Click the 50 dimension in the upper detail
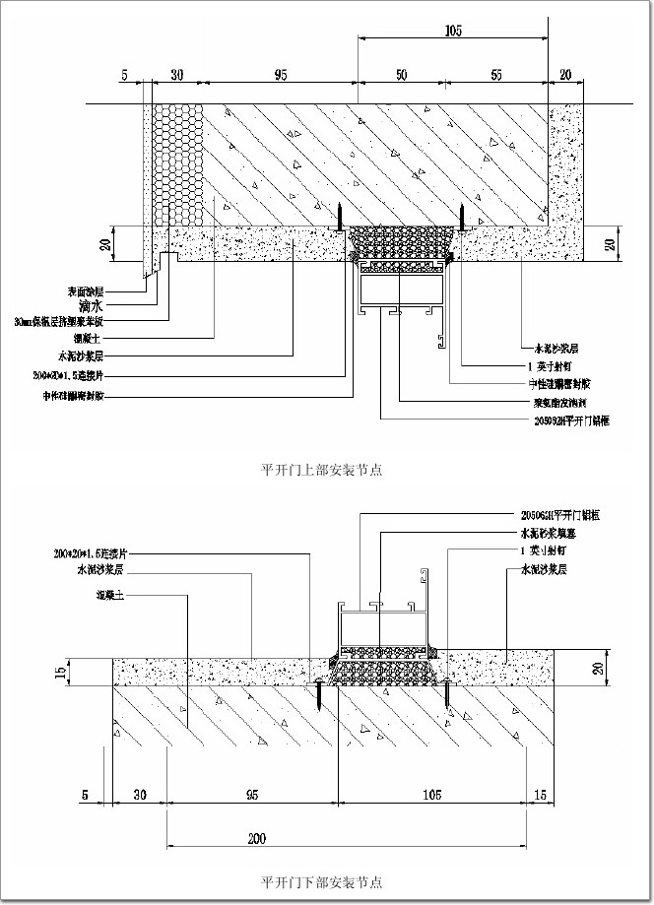click(x=401, y=74)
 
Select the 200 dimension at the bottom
click(x=256, y=839)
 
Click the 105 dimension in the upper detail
click(x=453, y=32)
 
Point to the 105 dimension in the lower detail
click(x=429, y=792)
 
